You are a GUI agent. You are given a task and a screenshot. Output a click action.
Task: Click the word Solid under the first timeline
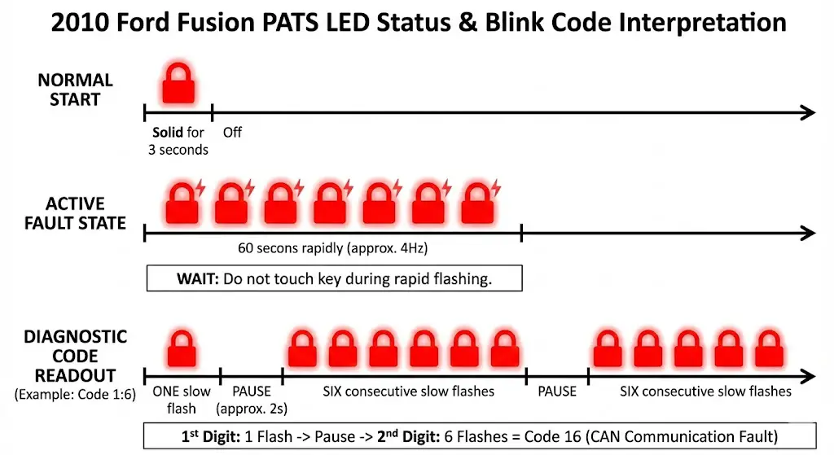click(168, 132)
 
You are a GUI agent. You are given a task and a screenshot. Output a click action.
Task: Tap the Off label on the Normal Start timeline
click(232, 132)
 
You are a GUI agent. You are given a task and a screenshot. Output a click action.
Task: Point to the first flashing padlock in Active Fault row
click(182, 203)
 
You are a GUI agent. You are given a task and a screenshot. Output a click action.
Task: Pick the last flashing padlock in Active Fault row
click(478, 203)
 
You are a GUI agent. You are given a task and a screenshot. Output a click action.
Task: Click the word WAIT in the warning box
click(195, 278)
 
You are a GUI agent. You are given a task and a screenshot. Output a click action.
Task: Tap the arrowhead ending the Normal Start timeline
click(807, 112)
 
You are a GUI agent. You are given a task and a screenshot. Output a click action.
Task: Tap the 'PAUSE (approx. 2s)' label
click(251, 399)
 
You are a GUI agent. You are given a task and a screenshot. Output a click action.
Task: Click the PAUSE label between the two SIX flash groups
click(557, 392)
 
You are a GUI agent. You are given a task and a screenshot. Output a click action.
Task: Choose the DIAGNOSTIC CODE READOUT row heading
click(75, 357)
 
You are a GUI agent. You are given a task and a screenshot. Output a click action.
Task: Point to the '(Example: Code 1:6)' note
click(71, 395)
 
